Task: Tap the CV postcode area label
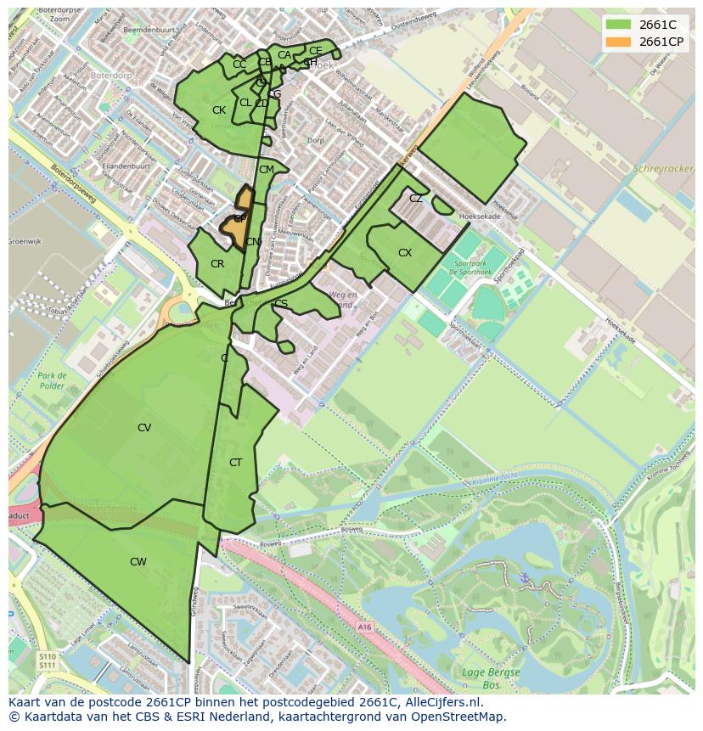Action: tap(144, 428)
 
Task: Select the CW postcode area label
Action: tap(138, 562)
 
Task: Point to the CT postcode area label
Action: tap(236, 463)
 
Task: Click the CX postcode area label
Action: tap(405, 253)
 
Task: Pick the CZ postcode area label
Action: tap(416, 199)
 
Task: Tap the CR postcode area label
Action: tap(217, 264)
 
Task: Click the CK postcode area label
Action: tap(219, 110)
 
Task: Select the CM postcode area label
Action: tap(267, 170)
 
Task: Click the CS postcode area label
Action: tap(281, 304)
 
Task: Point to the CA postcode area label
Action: tap(284, 55)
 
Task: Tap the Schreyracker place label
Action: tap(663, 169)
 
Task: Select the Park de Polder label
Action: tap(51, 380)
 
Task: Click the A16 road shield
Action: tap(364, 627)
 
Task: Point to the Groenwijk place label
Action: tap(25, 242)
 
